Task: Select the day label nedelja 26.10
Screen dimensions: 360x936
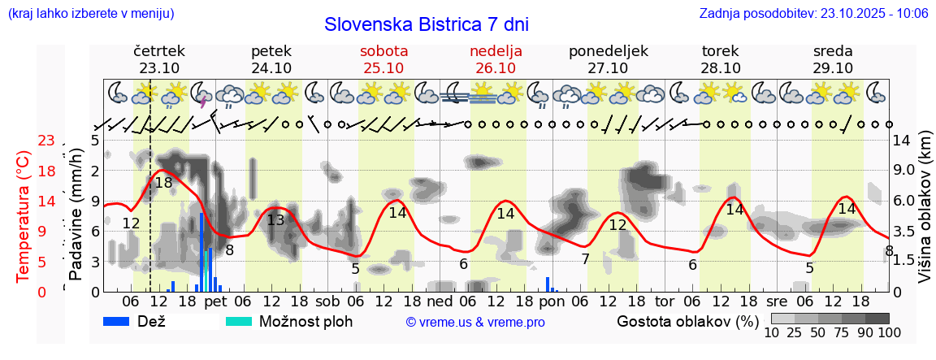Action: [496, 59]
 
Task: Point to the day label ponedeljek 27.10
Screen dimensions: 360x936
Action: [609, 59]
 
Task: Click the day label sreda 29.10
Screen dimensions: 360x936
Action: [833, 59]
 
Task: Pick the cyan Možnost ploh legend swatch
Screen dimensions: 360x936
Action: [239, 321]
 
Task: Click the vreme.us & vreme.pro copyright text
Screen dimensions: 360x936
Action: [475, 322]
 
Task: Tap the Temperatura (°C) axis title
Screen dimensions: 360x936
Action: [23, 215]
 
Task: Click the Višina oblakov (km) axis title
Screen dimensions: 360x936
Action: [925, 215]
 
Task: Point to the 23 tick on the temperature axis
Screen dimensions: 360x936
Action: [46, 141]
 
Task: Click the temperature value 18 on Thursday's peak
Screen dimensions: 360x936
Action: [163, 183]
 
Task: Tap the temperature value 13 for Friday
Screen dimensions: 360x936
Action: [275, 220]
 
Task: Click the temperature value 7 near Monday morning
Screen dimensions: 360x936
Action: [585, 259]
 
